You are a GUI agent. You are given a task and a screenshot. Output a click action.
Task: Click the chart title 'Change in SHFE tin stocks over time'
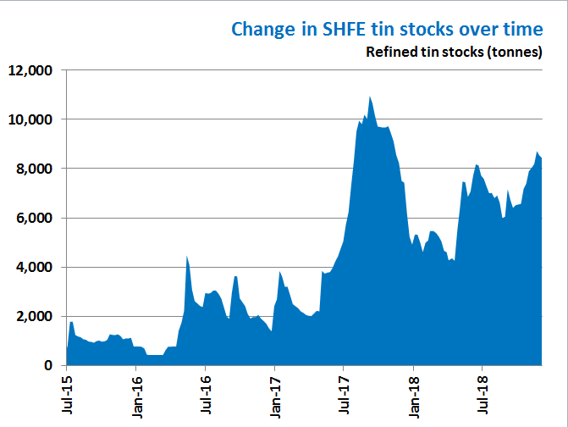[x=387, y=29]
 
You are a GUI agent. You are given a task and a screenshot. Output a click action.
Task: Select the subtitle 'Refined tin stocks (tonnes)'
[x=454, y=52]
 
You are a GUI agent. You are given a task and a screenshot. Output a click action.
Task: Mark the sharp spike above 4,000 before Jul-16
[x=187, y=258]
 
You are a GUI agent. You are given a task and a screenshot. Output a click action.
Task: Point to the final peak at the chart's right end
[x=538, y=152]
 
